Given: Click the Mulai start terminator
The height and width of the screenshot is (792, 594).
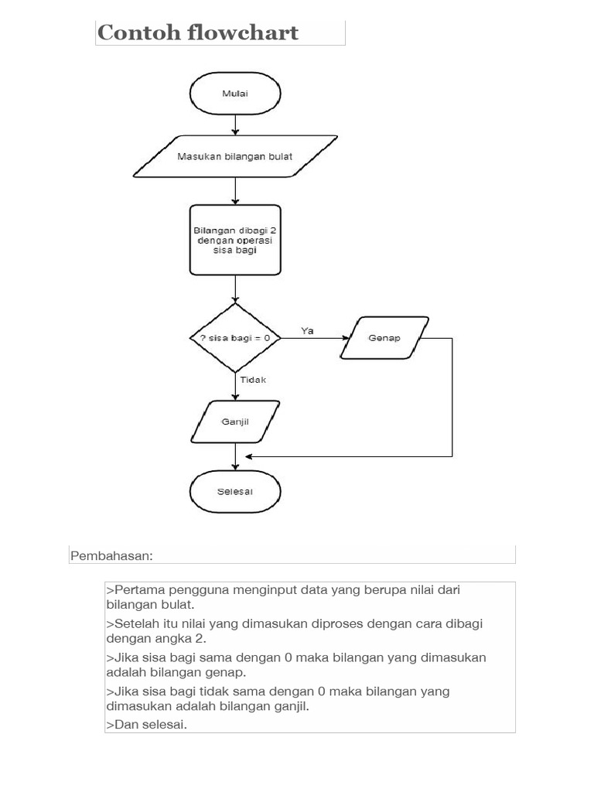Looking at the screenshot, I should click(235, 93).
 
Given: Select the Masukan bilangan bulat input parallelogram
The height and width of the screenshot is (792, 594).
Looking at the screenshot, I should click(235, 156).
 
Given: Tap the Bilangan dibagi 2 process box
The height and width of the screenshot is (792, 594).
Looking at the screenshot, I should click(235, 240).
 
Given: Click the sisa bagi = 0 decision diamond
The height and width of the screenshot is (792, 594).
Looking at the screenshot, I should click(235, 338).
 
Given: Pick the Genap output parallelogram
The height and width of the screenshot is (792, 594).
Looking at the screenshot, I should click(384, 338).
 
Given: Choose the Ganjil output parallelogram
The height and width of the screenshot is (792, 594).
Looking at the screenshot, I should click(235, 422).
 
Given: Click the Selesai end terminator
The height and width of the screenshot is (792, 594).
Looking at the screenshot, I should click(235, 491).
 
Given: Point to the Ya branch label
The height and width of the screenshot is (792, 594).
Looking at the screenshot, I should click(307, 330).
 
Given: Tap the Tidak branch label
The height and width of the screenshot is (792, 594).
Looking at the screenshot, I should click(253, 380).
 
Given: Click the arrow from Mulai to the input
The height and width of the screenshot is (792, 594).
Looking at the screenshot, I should click(235, 124).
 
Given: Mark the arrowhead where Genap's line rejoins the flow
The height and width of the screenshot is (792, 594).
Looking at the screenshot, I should click(249, 456).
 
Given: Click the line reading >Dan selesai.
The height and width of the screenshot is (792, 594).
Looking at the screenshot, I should click(146, 724).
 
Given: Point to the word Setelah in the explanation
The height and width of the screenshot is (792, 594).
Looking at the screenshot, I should click(135, 623).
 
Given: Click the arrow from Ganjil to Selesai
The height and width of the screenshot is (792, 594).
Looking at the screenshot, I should click(235, 456).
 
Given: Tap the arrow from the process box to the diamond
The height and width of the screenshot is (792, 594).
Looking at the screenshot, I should click(235, 288).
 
